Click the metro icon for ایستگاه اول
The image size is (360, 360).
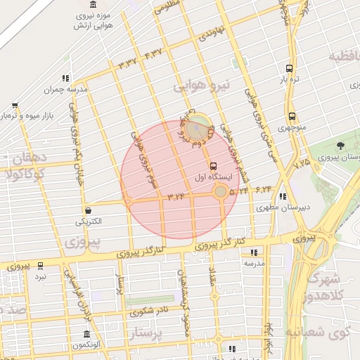[x=213, y=165]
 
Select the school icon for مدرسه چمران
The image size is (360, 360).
[x=65, y=78]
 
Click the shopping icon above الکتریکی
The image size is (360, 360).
[x=89, y=210]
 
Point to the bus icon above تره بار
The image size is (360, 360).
[x=289, y=68]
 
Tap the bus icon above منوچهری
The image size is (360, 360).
[x=291, y=117]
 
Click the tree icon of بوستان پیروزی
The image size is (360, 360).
[x=340, y=146]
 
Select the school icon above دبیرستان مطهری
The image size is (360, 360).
[x=283, y=196]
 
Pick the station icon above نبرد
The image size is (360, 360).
[x=40, y=266]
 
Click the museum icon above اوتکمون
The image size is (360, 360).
[x=86, y=334]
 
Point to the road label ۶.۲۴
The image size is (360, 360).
[x=264, y=190]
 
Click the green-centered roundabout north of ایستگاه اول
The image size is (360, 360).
[x=198, y=128]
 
